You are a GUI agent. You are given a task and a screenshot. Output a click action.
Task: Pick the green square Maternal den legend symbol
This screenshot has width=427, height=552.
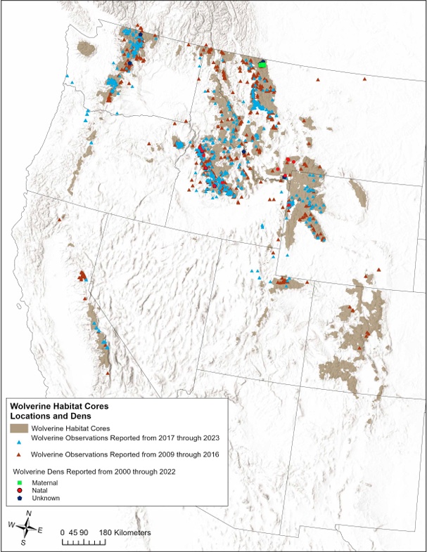click(17, 482)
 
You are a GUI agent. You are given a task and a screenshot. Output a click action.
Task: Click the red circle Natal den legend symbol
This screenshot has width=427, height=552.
click(17, 490)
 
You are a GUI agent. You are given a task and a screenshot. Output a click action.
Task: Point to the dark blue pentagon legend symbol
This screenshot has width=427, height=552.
click(17, 498)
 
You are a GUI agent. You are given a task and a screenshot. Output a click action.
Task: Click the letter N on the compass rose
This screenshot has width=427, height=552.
click(27, 513)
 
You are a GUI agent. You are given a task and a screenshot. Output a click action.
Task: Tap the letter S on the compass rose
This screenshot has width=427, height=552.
click(23, 542)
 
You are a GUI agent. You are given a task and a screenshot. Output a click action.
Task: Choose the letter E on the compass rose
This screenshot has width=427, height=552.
click(40, 530)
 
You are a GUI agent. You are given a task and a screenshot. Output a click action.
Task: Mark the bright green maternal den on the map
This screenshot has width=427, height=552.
click(262, 64)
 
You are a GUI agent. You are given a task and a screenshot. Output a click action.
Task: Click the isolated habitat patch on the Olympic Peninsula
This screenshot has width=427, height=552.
click(86, 49)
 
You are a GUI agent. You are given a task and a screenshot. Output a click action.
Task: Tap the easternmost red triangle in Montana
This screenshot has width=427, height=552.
click(364, 79)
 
